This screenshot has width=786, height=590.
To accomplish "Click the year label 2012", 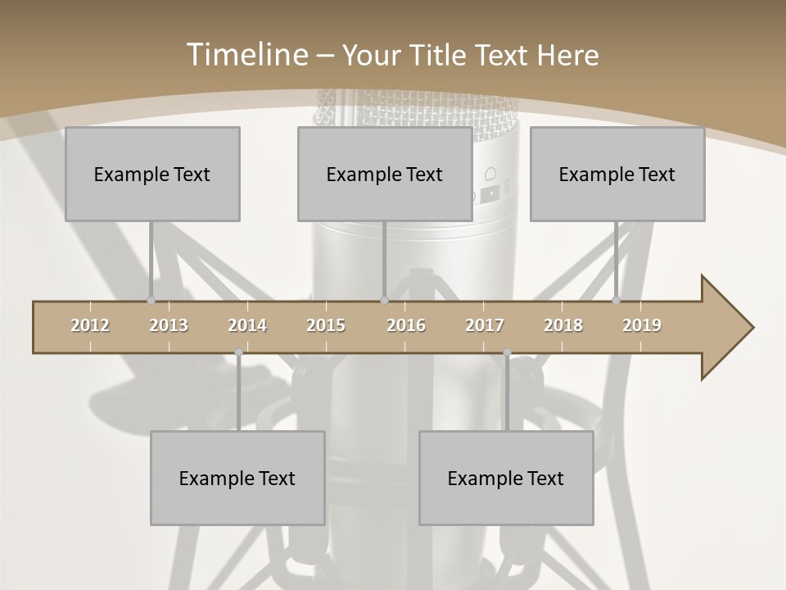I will (x=90, y=325).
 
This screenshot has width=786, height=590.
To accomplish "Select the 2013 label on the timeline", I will (x=169, y=325).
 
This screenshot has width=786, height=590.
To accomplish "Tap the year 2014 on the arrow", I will (x=247, y=325).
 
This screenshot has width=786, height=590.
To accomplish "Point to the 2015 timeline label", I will (x=326, y=325).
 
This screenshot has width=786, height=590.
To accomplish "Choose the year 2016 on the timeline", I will (x=406, y=325).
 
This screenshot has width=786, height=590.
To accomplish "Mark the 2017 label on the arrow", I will (x=485, y=325).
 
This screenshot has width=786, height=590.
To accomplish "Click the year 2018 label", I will (x=563, y=325).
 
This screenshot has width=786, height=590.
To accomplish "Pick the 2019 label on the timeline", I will (x=642, y=325).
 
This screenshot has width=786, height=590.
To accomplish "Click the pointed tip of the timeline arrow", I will (x=752, y=328).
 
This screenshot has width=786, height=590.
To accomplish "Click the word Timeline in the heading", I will (x=246, y=54).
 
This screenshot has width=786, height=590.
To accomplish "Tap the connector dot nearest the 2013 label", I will (x=151, y=301).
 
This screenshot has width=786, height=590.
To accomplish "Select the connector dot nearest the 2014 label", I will (x=238, y=352).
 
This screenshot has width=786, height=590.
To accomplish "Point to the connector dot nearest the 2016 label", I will (x=384, y=301).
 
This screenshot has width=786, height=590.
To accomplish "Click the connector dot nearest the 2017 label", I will (x=507, y=352).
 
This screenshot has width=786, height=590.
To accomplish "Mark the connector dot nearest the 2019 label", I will (x=617, y=301).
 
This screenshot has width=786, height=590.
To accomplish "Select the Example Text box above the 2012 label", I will (x=152, y=174).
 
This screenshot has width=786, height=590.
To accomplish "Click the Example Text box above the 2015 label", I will (x=385, y=174).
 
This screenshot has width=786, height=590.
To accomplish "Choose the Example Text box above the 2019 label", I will (x=617, y=174).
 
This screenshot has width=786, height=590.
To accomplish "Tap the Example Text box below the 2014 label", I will (x=237, y=478).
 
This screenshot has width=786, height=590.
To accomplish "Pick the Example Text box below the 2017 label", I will (x=506, y=478).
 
